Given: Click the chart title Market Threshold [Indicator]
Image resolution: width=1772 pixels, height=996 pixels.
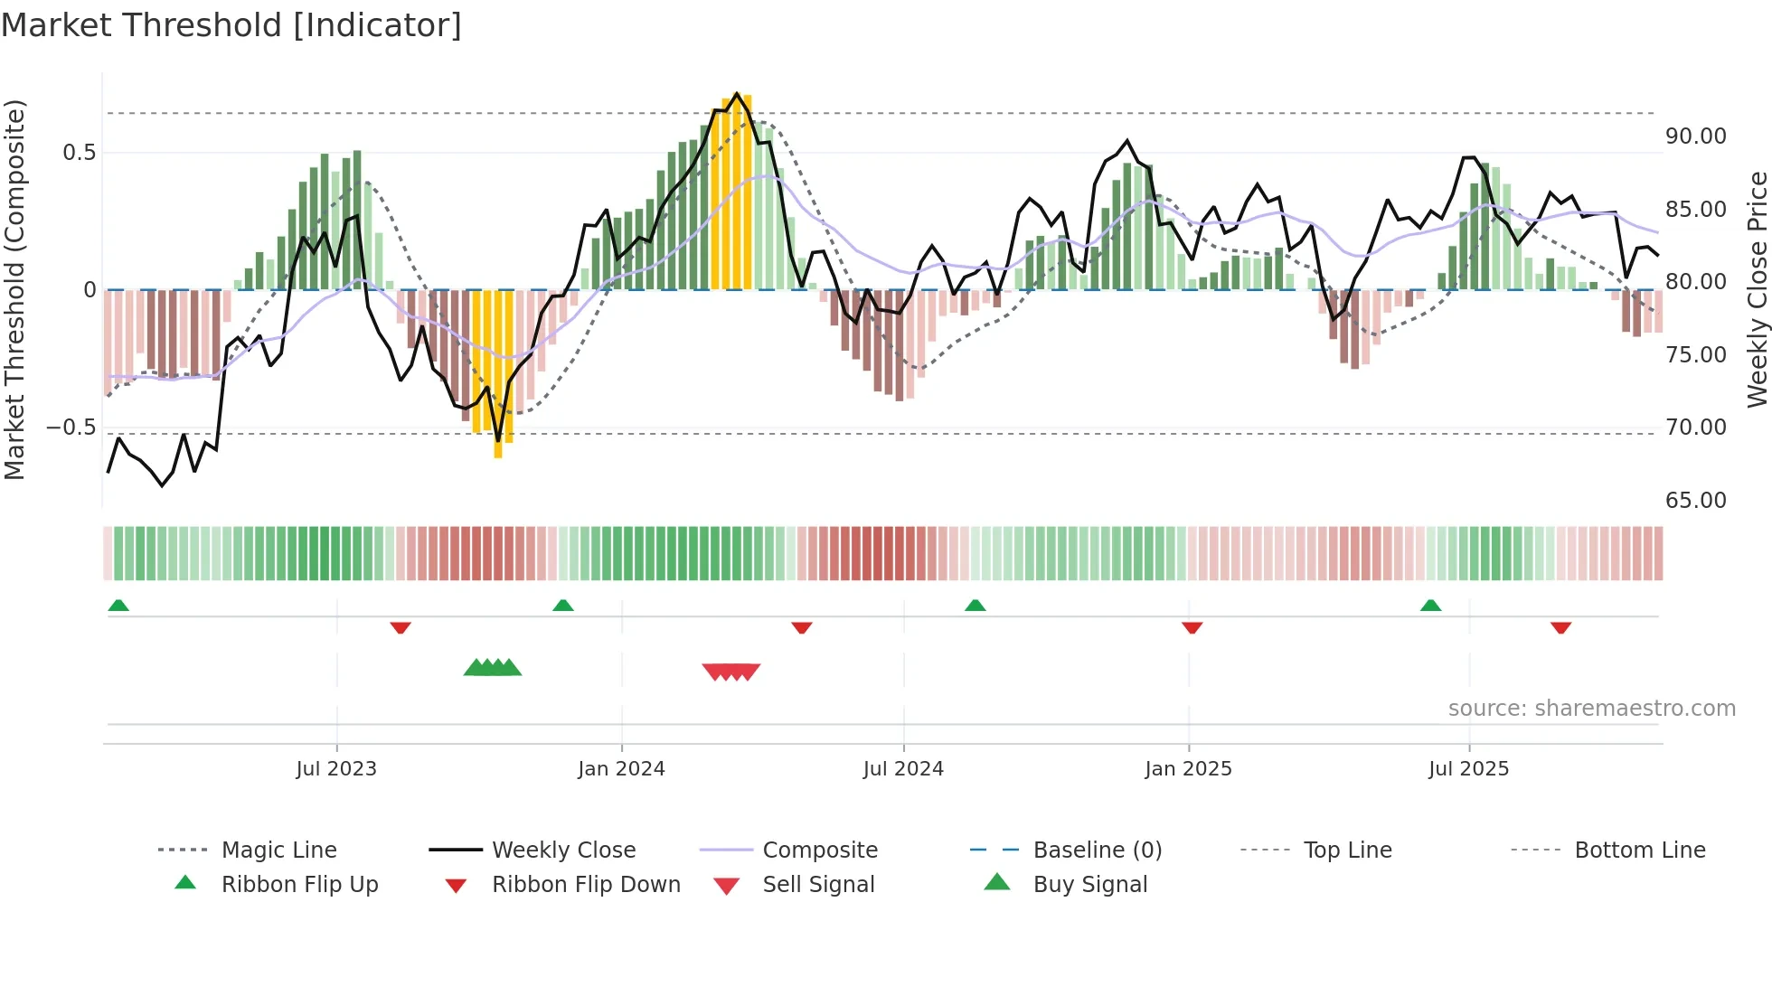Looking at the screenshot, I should (x=231, y=25).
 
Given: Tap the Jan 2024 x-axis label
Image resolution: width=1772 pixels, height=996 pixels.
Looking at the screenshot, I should (x=621, y=769).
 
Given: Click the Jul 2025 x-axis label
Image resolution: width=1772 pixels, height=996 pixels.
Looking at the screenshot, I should (x=1468, y=769).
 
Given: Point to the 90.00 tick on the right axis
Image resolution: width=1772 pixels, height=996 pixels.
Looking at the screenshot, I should (x=1695, y=136).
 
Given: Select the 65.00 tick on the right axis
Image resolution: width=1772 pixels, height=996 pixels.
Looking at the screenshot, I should (x=1695, y=501).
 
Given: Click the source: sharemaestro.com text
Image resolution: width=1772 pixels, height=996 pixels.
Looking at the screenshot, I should (x=1591, y=709).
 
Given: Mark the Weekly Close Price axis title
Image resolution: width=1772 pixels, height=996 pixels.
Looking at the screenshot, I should (x=1757, y=289).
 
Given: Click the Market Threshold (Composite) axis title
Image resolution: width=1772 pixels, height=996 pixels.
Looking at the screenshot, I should (x=14, y=289).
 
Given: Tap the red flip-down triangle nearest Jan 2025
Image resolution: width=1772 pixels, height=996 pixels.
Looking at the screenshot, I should (x=1192, y=627).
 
